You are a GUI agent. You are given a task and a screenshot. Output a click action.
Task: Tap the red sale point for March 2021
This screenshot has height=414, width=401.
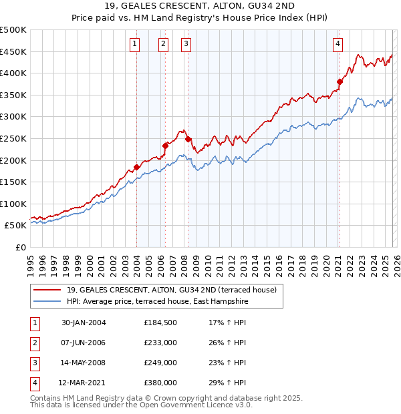tap(340, 82)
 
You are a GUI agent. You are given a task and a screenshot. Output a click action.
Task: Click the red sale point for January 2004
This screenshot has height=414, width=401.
tap(136, 167)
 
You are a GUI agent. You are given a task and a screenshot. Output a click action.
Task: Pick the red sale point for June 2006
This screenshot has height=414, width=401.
tap(165, 145)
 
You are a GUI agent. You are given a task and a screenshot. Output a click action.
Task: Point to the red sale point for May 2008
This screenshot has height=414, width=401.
tap(188, 139)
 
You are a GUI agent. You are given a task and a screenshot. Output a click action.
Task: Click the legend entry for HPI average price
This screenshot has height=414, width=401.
tap(158, 302)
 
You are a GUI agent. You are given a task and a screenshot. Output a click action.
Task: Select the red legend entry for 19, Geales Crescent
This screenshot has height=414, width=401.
tap(166, 290)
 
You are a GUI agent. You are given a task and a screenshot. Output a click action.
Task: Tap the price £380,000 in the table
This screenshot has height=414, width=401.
tap(160, 383)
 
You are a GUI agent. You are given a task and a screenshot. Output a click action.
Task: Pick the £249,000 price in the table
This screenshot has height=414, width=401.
tap(160, 363)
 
